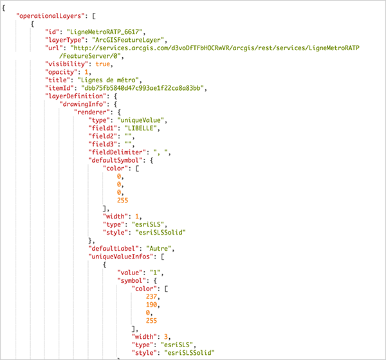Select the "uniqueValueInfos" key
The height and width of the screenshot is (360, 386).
122,256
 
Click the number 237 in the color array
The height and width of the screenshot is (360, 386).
152,296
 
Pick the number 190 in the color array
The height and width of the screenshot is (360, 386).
152,305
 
